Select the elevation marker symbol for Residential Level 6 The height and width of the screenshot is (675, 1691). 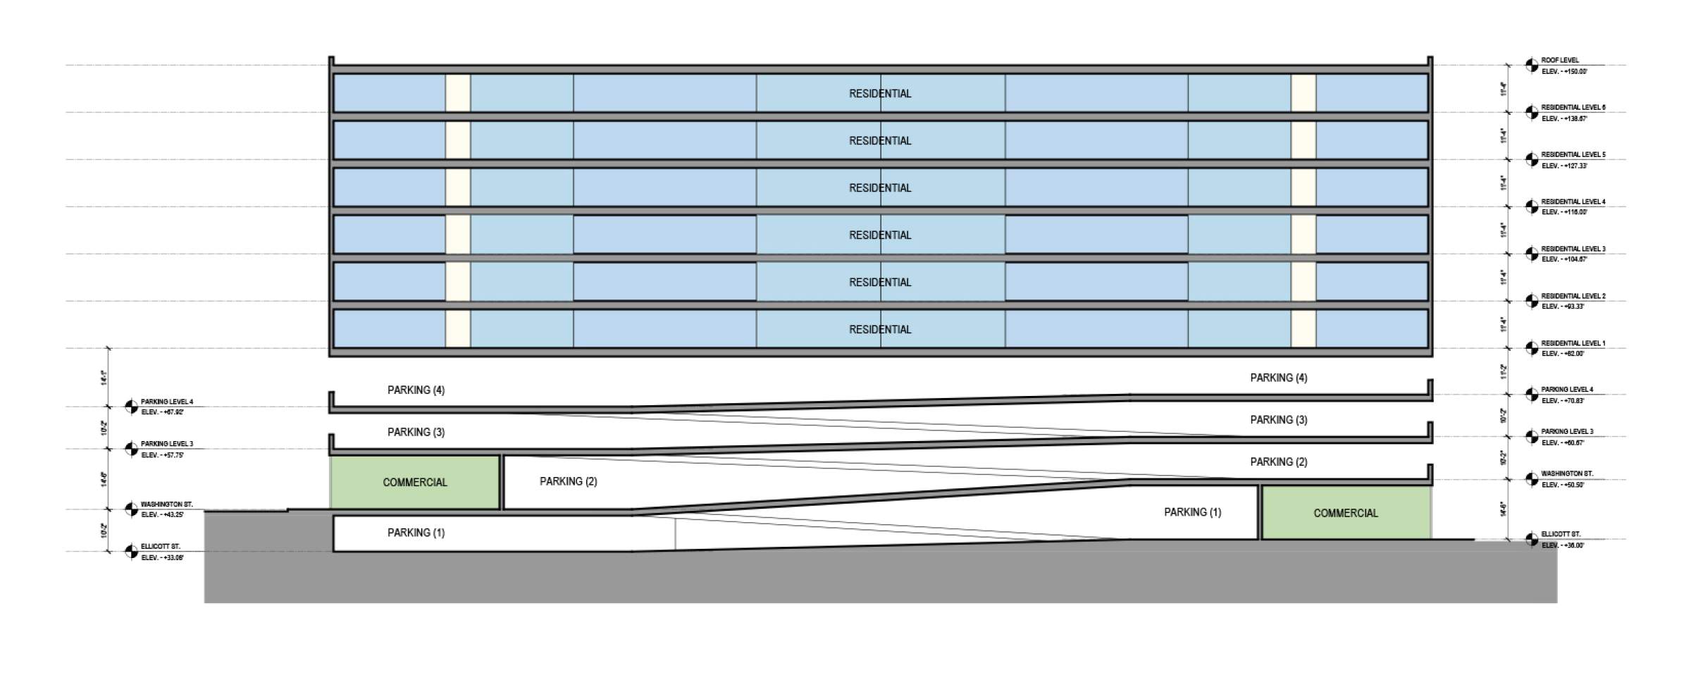click(x=1532, y=113)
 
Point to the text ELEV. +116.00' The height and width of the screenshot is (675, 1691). click(x=1564, y=212)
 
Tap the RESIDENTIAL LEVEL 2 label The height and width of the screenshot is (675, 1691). click(x=1573, y=297)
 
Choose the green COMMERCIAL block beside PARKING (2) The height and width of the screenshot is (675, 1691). click(x=415, y=482)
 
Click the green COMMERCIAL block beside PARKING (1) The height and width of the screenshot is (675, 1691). click(x=1345, y=513)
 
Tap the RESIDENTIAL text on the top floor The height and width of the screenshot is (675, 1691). click(x=880, y=94)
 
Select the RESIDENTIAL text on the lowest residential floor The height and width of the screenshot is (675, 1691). click(x=880, y=330)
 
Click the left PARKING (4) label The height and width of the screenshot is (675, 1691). click(x=416, y=390)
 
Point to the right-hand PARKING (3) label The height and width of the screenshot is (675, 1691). click(x=1278, y=420)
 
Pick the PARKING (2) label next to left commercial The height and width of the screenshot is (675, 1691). click(x=568, y=481)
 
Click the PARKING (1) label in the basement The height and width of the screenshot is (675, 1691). click(x=416, y=533)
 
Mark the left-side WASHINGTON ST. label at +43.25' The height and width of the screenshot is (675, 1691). click(x=166, y=504)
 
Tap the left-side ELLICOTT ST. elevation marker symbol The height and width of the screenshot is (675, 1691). click(x=131, y=552)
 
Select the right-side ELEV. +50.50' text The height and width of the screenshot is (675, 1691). click(x=1563, y=485)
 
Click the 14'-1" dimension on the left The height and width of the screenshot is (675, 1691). click(x=104, y=378)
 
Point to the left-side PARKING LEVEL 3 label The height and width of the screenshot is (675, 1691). click(x=166, y=444)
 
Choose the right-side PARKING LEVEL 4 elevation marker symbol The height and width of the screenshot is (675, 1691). click(x=1532, y=395)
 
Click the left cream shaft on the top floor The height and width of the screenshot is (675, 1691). click(x=457, y=93)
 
